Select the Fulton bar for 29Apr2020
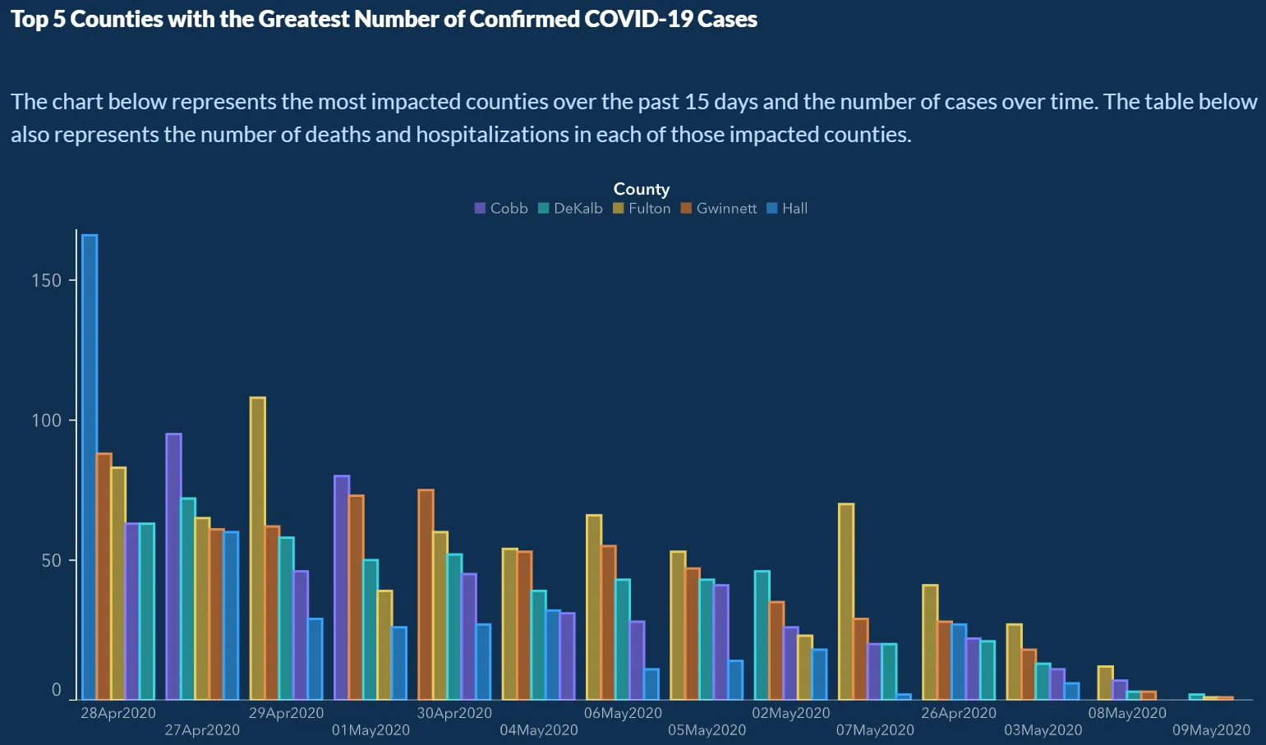click(258, 548)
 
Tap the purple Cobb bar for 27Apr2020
click(173, 566)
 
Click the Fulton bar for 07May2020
click(846, 601)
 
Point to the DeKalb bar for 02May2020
click(762, 635)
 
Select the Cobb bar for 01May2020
click(342, 587)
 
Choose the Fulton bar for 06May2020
click(594, 607)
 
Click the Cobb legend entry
click(501, 209)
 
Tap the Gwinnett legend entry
click(719, 209)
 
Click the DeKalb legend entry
click(570, 209)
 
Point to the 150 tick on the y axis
click(46, 281)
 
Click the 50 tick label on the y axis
click(51, 561)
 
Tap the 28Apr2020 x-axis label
click(117, 713)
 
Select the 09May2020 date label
click(1211, 730)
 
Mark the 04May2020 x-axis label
click(538, 730)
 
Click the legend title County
click(642, 190)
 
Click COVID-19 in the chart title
click(638, 20)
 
